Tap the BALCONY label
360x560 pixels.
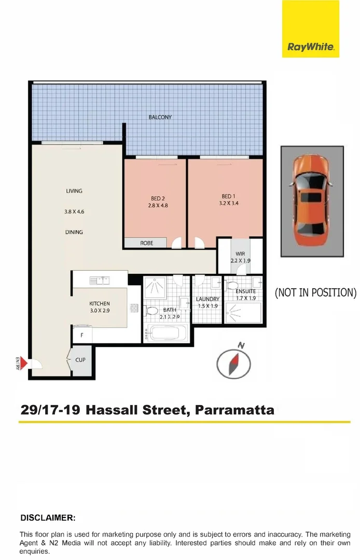160,117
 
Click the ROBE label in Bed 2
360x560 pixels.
147,243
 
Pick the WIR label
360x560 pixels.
240,254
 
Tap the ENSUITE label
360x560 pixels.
245,291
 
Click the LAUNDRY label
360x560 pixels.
207,299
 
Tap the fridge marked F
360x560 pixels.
81,335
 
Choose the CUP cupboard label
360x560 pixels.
80,359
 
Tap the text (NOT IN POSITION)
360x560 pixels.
315,292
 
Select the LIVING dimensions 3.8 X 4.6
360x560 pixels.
74,211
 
